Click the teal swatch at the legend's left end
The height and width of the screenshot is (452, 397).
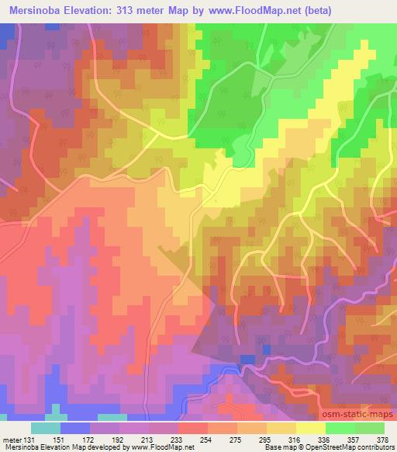point(46,428)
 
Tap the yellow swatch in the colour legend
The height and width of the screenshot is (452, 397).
point(310,428)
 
